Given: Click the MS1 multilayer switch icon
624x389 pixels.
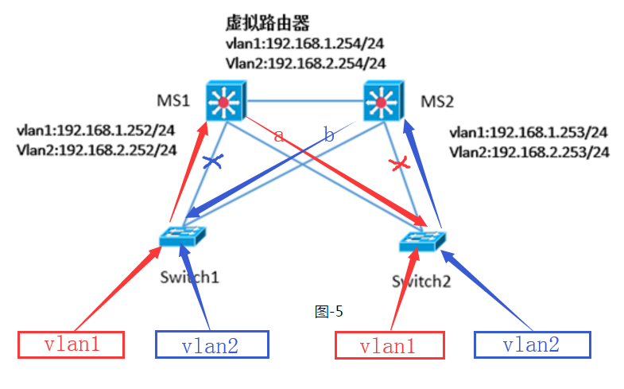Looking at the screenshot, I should [225, 101].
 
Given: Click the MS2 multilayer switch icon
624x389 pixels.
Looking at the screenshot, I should [385, 101].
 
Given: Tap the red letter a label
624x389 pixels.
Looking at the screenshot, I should [278, 135].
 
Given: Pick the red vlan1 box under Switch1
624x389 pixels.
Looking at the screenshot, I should [72, 344].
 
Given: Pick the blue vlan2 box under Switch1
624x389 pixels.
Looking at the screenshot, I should [211, 345].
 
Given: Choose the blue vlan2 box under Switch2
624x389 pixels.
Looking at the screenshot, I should [532, 344].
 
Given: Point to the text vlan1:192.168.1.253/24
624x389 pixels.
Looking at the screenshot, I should [529, 132].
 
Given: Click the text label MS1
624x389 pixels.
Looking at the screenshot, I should [172, 101].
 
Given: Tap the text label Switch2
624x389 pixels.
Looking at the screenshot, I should [421, 280].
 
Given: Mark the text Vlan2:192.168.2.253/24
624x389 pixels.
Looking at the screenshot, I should [529, 151].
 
